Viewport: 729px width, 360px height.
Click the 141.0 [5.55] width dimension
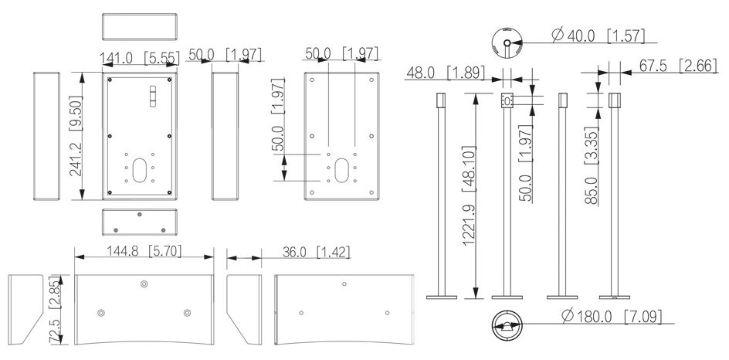tap(140, 58)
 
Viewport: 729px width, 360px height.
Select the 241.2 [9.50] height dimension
tap(76, 136)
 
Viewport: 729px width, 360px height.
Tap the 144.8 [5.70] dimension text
tap(144, 251)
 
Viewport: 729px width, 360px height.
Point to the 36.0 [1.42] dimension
tap(316, 252)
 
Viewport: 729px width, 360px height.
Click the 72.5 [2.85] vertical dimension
tap(55, 309)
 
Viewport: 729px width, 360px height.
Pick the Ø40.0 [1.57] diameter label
tap(598, 36)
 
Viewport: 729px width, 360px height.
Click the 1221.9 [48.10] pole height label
tap(470, 195)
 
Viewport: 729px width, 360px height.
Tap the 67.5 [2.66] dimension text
tap(678, 66)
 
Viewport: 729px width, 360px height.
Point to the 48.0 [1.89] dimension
tap(446, 72)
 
